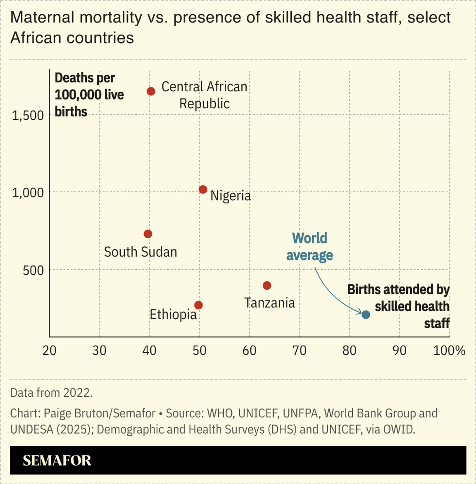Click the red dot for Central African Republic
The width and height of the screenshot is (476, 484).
click(x=151, y=91)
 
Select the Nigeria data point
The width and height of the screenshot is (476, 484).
click(x=203, y=190)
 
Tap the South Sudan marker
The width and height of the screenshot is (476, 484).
click(x=148, y=234)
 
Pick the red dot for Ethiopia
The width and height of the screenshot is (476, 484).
click(x=198, y=305)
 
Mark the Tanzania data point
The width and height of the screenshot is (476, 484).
click(x=267, y=286)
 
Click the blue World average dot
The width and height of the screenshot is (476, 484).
click(x=366, y=315)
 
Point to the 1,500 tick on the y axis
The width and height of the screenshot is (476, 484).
click(x=28, y=115)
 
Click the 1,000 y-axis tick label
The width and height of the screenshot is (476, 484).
click(x=28, y=193)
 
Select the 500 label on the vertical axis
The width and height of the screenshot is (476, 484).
click(x=33, y=270)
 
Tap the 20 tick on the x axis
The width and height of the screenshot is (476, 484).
click(x=50, y=350)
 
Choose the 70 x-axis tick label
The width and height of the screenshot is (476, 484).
click(x=299, y=350)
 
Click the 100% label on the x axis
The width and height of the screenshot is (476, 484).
click(x=449, y=350)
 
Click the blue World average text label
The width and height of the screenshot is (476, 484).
click(x=309, y=247)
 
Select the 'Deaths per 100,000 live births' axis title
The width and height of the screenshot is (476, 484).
click(x=89, y=95)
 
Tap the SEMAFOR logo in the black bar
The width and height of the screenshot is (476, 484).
click(x=57, y=460)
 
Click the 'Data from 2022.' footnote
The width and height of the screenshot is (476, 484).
click(x=52, y=392)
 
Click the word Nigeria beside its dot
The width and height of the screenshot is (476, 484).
click(x=231, y=196)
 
